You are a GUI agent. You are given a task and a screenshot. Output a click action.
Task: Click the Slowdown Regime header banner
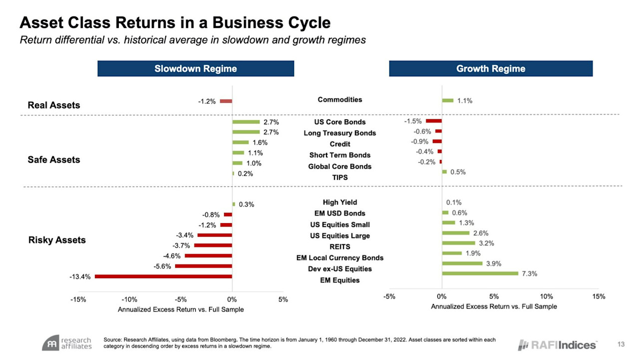195,68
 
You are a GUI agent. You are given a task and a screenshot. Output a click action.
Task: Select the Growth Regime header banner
490,68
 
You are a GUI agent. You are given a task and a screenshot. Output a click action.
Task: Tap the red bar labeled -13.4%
163,276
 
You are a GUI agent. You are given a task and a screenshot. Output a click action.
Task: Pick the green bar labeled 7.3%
480,273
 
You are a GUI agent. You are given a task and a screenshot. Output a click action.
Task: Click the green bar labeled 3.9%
462,263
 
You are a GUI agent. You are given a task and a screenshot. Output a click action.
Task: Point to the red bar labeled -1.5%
433,121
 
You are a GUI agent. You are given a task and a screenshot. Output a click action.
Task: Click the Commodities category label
340,99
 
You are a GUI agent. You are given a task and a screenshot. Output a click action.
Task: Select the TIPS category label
340,177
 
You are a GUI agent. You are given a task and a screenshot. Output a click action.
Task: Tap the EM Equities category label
340,280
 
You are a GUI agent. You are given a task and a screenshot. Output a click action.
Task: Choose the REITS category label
340,247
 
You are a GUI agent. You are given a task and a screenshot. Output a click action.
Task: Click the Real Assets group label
53,105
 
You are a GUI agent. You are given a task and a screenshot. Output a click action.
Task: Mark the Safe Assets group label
53,160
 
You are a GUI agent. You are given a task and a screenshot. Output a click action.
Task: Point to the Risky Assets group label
56,240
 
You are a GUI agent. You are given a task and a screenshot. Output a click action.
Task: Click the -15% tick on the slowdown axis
78,300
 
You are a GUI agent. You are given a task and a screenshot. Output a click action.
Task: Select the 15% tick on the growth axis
599,297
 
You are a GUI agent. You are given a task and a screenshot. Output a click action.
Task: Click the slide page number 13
621,344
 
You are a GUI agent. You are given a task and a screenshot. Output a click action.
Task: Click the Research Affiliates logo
67,343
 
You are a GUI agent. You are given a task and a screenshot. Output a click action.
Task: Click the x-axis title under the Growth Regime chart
494,306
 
